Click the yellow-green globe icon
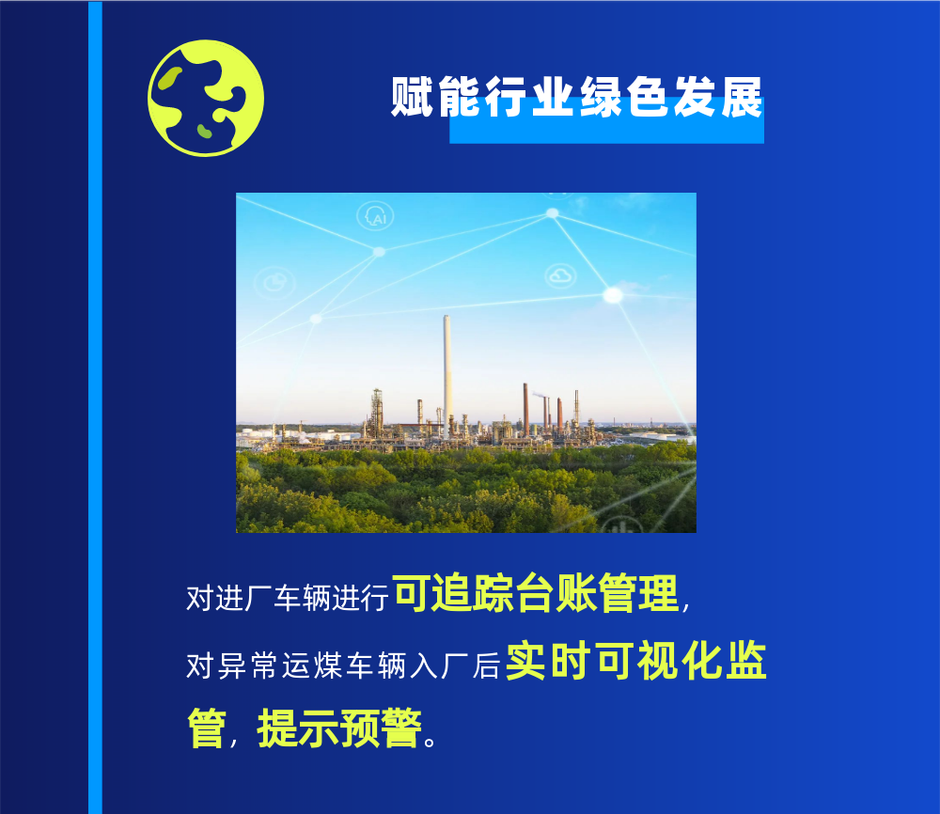[206, 98]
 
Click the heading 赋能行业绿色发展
[576, 99]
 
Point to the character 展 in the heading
[742, 99]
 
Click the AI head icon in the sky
[376, 216]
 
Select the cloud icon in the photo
[560, 275]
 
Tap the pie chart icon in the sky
[275, 281]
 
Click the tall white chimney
[446, 371]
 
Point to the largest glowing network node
[613, 295]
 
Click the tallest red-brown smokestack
[525, 409]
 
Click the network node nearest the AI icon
[379, 252]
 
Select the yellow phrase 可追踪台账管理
[536, 595]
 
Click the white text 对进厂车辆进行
[288, 598]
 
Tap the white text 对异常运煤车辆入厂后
[342, 665]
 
